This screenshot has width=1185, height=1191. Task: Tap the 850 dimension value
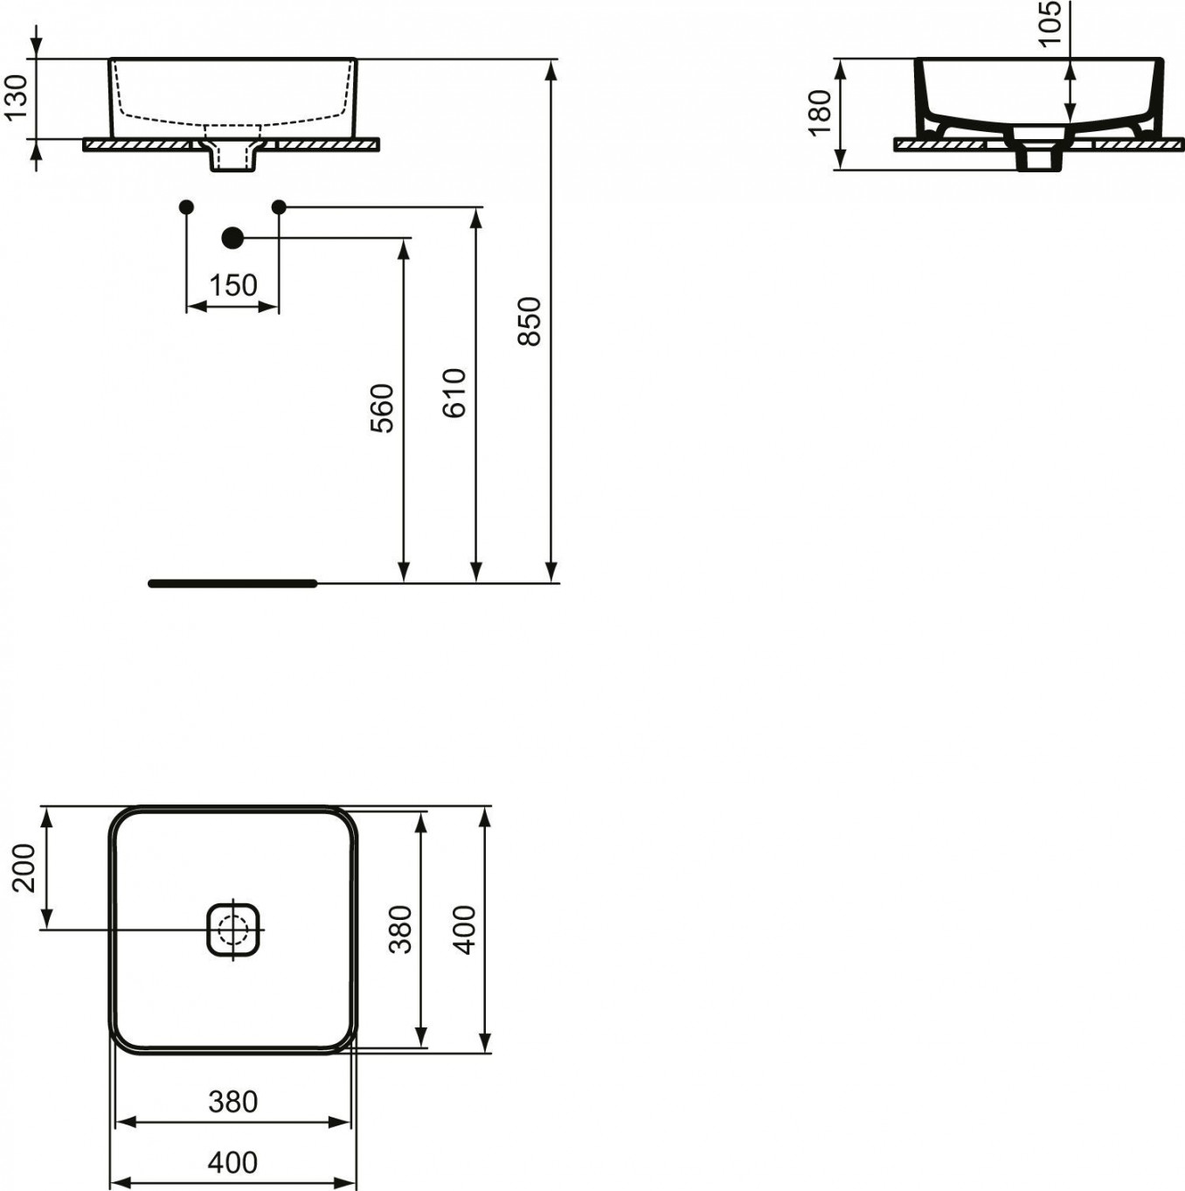click(x=530, y=322)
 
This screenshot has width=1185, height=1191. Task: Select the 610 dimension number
click(x=454, y=394)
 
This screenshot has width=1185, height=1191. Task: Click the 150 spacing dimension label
click(x=233, y=286)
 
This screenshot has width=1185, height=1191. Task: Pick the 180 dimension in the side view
click(x=821, y=113)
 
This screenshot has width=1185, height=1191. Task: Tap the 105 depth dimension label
click(x=1050, y=23)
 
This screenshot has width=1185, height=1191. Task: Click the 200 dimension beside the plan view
click(x=24, y=868)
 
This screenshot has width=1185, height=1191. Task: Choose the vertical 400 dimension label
click(x=465, y=930)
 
